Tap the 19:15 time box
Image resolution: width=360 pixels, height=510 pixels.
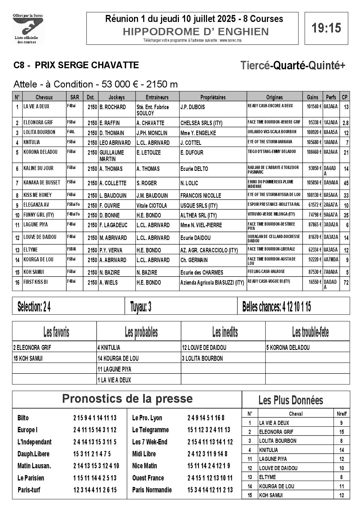326,28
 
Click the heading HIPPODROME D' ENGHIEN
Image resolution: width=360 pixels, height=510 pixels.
196,32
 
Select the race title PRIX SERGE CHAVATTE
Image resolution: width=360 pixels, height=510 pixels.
87,65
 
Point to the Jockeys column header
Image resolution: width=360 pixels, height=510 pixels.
117,97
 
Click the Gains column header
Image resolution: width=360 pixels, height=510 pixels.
312,97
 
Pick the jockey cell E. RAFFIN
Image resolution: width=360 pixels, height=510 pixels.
110,123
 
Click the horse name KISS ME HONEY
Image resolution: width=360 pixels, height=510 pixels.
37,195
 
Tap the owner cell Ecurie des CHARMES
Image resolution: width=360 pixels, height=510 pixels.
202,272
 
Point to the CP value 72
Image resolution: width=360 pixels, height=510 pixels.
346,283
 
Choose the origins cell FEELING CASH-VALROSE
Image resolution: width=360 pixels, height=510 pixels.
266,271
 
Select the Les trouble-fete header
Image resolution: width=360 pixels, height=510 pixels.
310,332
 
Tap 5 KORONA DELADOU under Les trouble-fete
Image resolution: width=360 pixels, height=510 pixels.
288,347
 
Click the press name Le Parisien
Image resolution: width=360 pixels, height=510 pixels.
31,478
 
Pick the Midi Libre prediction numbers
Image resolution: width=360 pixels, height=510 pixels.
207,454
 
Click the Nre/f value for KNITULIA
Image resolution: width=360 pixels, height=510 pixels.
341,450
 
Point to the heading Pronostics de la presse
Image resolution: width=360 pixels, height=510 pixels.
127,399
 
